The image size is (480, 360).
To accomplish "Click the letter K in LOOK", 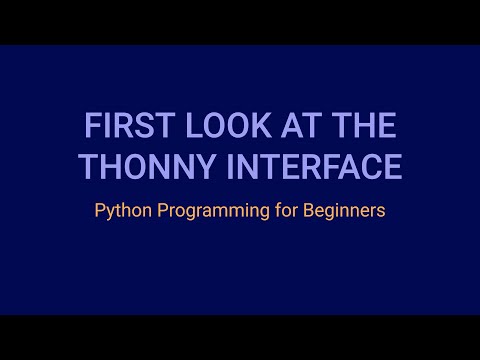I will pos(235,128).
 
